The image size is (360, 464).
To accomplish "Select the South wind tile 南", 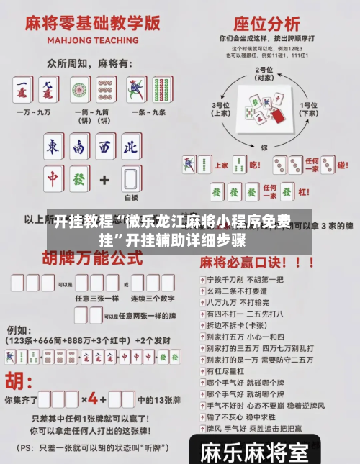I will pyautogui.click(x=78, y=147).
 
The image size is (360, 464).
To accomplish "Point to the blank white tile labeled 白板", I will pyautogui.click(x=130, y=178).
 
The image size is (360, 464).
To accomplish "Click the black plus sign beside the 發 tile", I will pyautogui.click(x=104, y=178).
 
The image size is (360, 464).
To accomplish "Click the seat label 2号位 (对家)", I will pyautogui.click(x=264, y=73).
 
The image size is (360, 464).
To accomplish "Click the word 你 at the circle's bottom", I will pyautogui.click(x=264, y=147).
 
